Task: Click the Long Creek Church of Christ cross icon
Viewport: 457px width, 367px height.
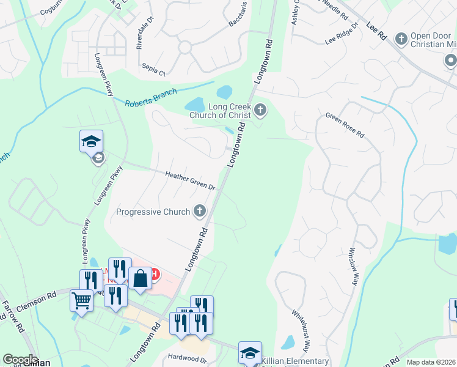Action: click(260, 110)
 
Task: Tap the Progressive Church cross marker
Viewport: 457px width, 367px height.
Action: click(199, 212)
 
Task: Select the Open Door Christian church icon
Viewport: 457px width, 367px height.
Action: click(401, 39)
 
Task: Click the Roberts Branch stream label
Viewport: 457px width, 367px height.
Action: click(151, 98)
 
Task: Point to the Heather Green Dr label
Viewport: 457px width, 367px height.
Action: click(191, 180)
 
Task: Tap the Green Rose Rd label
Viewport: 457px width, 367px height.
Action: click(345, 124)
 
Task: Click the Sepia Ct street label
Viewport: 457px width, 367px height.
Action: click(153, 69)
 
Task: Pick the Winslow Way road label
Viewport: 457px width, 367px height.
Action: click(353, 267)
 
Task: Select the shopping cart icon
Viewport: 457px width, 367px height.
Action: click(81, 300)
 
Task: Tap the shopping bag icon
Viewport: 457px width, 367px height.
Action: click(140, 278)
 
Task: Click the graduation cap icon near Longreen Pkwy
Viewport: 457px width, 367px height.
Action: click(91, 141)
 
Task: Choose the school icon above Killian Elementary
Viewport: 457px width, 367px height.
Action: click(250, 352)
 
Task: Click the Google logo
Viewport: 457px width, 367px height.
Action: click(20, 360)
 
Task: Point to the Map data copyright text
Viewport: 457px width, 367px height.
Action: click(431, 362)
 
